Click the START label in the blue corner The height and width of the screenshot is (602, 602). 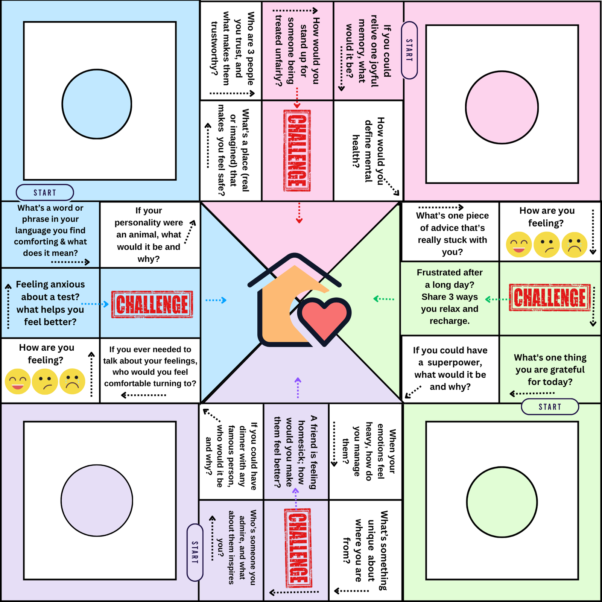[x=45, y=193]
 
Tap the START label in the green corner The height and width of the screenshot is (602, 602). [x=550, y=407]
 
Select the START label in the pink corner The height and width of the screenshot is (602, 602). [x=409, y=50]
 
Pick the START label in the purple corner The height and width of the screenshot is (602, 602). [x=195, y=552]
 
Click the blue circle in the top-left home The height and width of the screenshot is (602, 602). [x=97, y=104]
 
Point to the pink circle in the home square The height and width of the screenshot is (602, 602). [x=502, y=107]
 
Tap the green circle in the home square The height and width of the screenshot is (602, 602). [x=502, y=502]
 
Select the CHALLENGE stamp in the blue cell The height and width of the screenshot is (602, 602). [x=152, y=304]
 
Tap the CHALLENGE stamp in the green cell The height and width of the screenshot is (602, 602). [x=550, y=298]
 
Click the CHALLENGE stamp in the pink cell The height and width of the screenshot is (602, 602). [x=297, y=150]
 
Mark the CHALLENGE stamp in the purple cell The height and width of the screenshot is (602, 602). [x=298, y=548]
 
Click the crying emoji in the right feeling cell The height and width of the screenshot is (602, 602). [x=575, y=245]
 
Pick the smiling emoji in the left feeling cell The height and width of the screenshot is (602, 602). [x=18, y=382]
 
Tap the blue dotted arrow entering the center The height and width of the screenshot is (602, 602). [x=216, y=300]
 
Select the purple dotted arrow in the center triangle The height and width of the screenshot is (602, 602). [x=298, y=388]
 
